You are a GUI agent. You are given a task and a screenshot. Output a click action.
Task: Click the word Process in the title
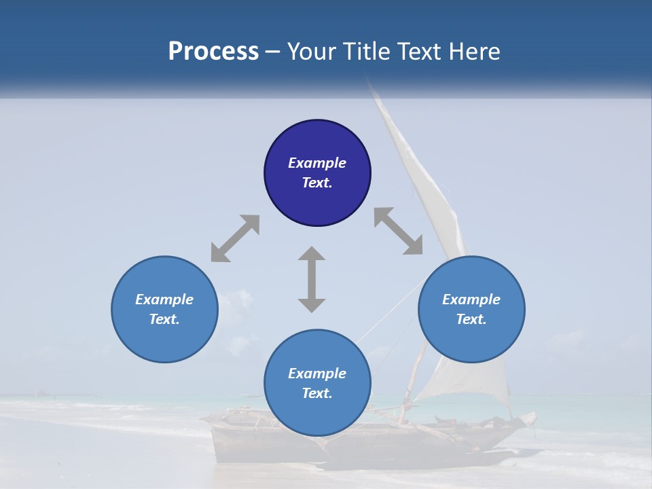pos(213,52)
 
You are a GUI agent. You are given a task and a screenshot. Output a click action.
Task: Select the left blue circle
pos(164,340)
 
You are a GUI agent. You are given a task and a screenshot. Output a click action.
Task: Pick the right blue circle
pos(471,340)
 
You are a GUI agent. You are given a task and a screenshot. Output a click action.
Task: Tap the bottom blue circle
pos(317,414)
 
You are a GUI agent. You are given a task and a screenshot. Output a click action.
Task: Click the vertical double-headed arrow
pos(312,279)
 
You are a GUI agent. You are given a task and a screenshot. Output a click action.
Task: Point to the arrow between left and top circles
pos(235,238)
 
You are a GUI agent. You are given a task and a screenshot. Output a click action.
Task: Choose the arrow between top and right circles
pos(398,231)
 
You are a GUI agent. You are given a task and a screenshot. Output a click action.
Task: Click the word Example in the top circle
pos(317,163)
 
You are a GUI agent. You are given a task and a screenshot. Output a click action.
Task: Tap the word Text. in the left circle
pos(164,319)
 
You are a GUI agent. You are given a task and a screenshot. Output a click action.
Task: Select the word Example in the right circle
pos(471,300)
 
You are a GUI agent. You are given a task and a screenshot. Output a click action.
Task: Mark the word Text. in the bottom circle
pos(317,393)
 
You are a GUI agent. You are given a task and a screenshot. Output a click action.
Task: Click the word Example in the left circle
pos(164,300)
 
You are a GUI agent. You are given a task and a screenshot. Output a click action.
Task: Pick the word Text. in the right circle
pos(471,319)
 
